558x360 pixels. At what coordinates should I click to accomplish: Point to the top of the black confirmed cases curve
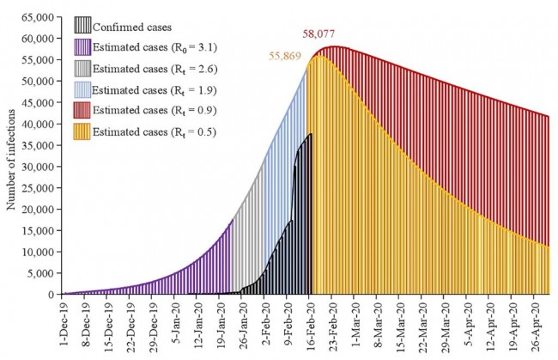coord(310,134)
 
